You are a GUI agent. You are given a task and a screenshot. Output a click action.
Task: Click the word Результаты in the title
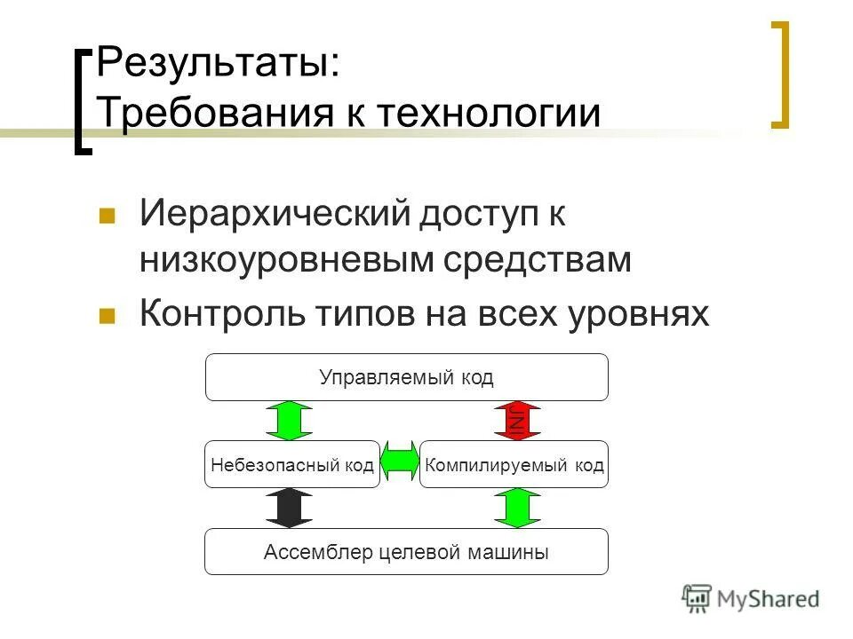pos(217,67)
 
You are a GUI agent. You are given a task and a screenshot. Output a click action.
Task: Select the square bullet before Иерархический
pos(108,216)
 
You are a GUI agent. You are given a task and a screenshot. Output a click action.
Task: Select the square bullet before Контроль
pos(108,316)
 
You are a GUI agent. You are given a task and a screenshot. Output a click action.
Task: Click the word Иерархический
pos(274,214)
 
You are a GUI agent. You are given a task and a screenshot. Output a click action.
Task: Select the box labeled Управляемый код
pos(407,377)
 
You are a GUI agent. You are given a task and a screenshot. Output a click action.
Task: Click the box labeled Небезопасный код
pos(292,464)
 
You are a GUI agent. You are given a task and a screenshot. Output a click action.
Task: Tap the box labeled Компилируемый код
pos(514,464)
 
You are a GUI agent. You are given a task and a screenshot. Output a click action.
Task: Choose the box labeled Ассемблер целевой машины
pos(407,552)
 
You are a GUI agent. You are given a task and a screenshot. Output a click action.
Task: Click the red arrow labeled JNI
pos(518,421)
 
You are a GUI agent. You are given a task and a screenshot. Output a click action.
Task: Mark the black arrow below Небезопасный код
pos(290,508)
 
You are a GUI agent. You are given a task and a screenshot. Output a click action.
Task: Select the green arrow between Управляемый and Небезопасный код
pos(290,421)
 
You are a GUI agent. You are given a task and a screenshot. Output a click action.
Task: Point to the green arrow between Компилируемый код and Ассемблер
pos(518,508)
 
